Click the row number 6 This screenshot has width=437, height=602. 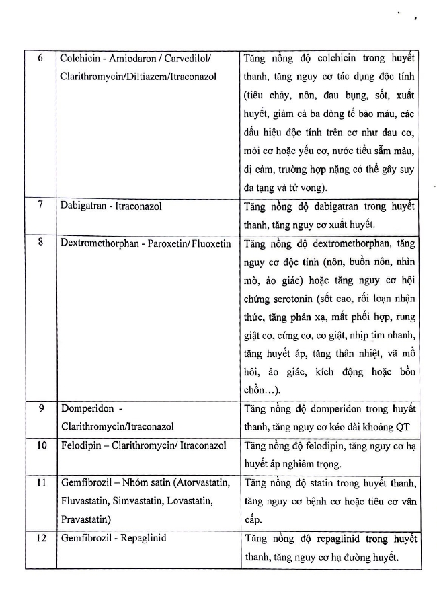click(x=40, y=58)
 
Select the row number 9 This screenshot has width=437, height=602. click(x=40, y=408)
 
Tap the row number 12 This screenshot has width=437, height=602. click(x=40, y=538)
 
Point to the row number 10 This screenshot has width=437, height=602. click(x=40, y=445)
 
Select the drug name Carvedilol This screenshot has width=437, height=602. click(x=188, y=58)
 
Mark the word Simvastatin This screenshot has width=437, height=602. click(x=135, y=500)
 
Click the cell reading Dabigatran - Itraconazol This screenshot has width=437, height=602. click(x=113, y=205)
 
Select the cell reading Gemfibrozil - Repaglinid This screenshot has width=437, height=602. click(x=113, y=538)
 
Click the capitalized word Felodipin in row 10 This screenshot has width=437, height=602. click(x=81, y=445)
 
